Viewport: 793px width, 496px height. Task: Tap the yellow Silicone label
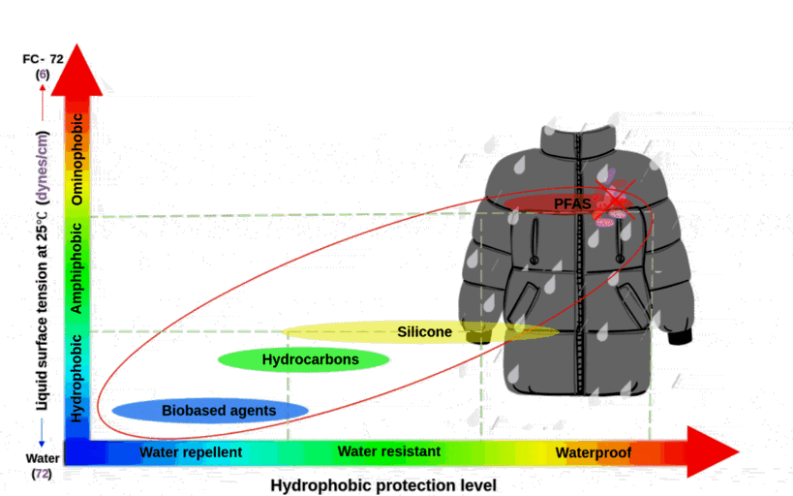click(x=424, y=332)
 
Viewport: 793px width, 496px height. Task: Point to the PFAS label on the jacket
click(x=571, y=203)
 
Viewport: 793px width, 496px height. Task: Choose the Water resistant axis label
click(x=388, y=451)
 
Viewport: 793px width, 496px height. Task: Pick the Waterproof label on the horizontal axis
click(x=594, y=452)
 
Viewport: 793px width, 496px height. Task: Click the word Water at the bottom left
click(x=44, y=458)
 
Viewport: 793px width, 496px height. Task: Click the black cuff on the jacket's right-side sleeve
click(x=680, y=337)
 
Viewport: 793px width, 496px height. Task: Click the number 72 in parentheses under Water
click(x=43, y=474)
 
